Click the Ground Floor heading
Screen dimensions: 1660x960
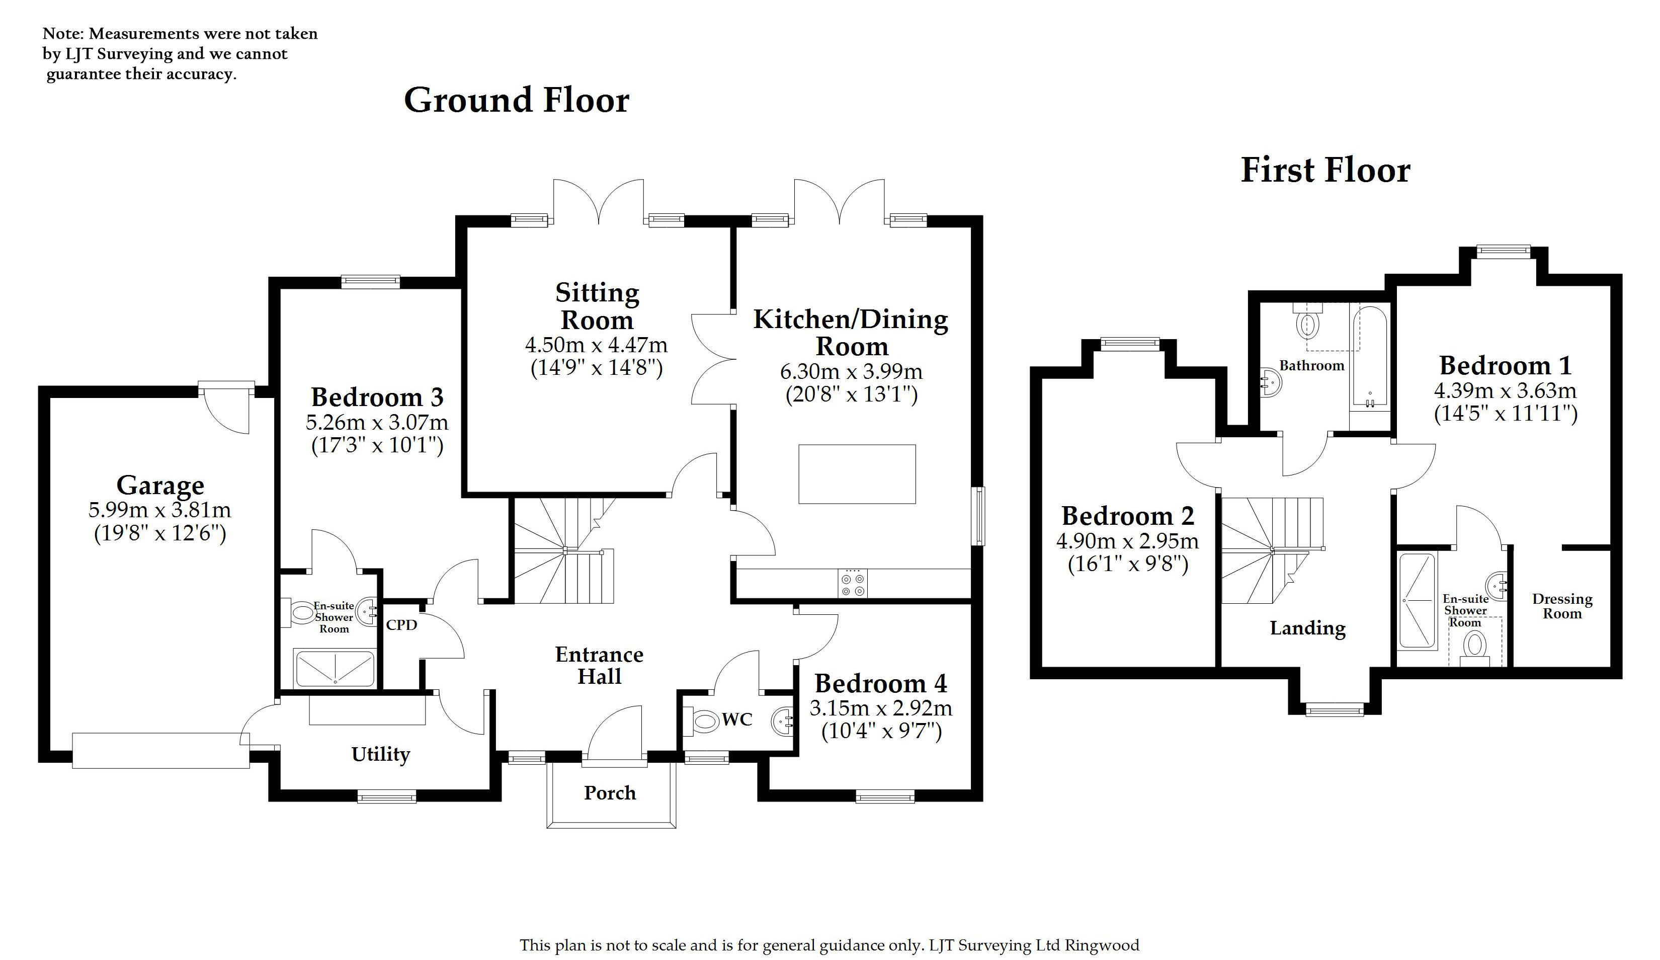[x=517, y=101]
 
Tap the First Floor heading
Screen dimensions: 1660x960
[x=1325, y=170]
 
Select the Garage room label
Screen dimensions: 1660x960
[x=160, y=486]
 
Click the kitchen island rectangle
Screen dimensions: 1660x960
[x=857, y=474]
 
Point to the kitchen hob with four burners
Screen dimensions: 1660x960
[x=853, y=584]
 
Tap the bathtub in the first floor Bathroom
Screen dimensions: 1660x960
[x=1369, y=358]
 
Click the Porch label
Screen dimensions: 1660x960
[x=609, y=792]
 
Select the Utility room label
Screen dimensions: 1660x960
[x=380, y=754]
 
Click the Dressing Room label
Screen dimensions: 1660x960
[x=1562, y=606]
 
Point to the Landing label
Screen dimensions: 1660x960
[x=1307, y=628]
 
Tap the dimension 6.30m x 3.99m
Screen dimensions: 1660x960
[x=851, y=372]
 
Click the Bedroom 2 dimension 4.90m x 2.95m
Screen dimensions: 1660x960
[x=1127, y=541]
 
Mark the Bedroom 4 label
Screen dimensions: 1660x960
[x=881, y=684]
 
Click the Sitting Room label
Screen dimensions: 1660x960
[x=597, y=306]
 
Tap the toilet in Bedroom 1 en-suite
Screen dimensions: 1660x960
[x=1474, y=647]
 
